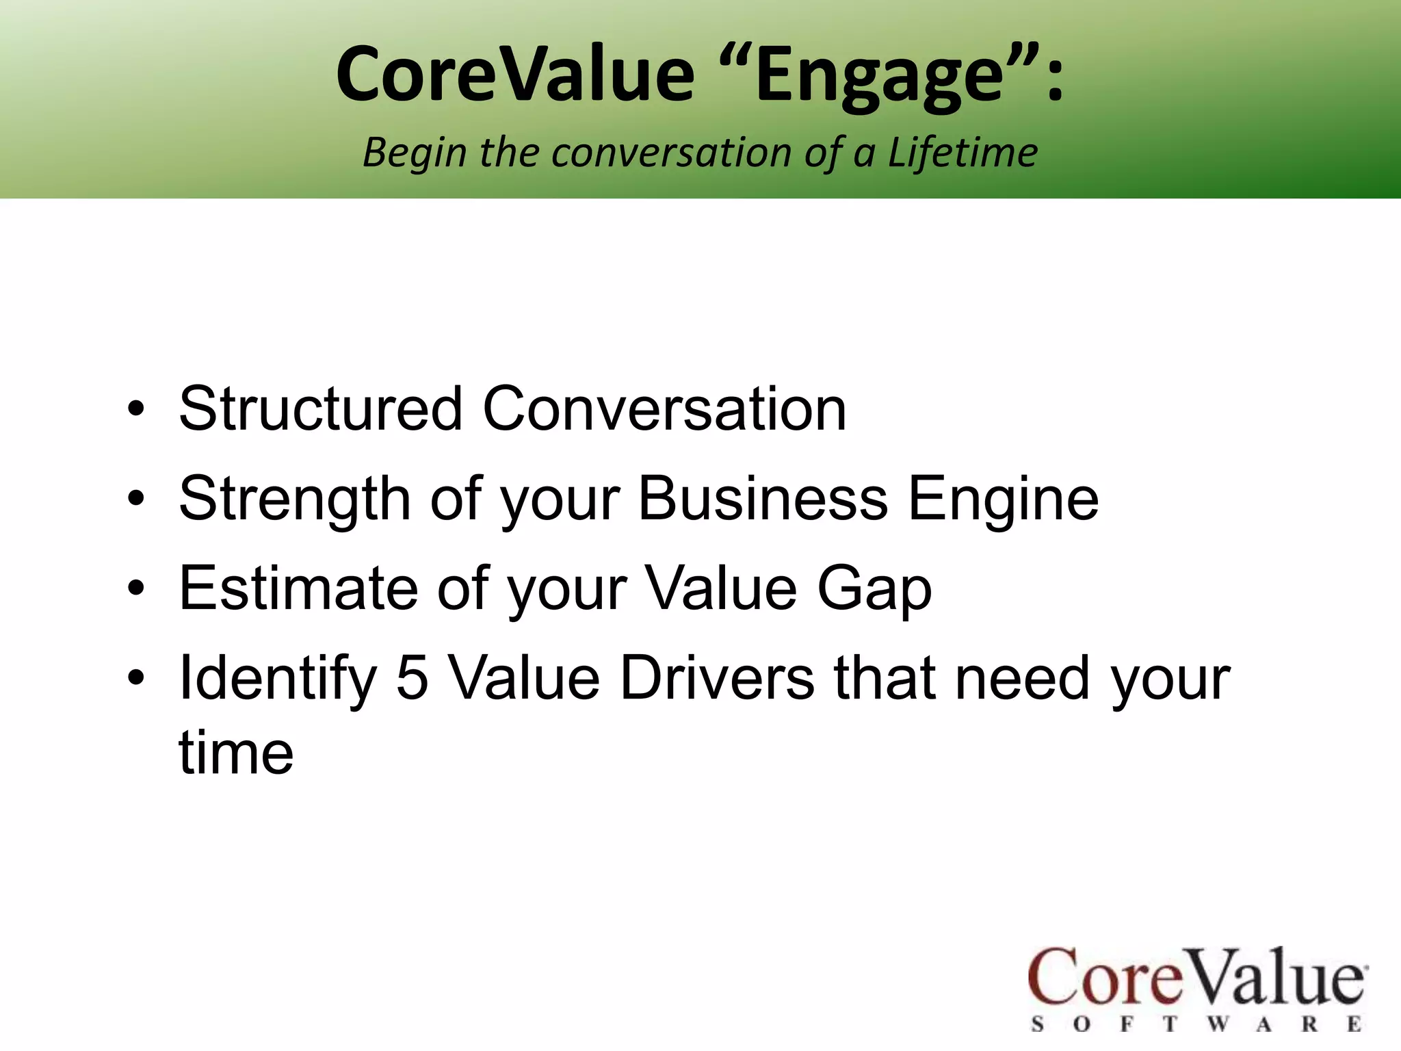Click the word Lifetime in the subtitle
pos(963,152)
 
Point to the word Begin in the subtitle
pos(415,152)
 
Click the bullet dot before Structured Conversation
pos(136,409)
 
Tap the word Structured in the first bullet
pos(321,409)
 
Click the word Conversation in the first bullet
pos(664,409)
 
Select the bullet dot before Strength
pos(136,499)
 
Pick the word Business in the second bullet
pos(762,499)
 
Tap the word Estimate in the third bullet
pos(298,588)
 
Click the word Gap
pos(874,588)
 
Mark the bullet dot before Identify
pos(136,678)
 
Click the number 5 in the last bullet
pos(412,678)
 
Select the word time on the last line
pos(236,753)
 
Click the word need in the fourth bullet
pos(1022,678)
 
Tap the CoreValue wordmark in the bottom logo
pos(1197,977)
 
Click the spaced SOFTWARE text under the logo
pos(1197,1024)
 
